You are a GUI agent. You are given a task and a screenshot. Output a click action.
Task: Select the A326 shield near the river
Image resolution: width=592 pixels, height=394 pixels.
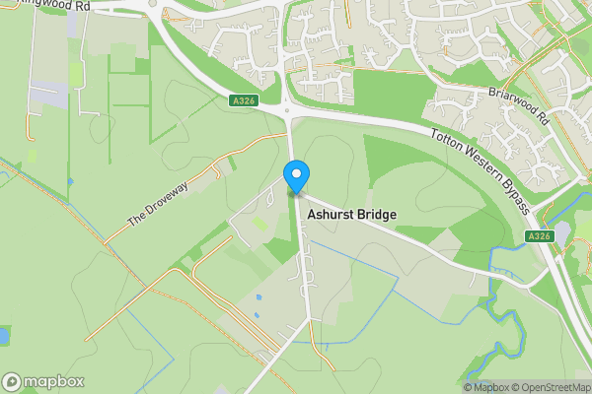[x=538, y=236]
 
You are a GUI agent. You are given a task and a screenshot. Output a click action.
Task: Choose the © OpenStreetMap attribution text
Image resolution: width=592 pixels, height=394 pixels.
[x=555, y=387]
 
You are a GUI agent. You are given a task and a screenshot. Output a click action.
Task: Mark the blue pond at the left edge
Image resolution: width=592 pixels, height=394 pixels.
[x=3, y=336]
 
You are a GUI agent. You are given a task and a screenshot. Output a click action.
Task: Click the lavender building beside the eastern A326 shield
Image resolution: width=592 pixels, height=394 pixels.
[x=562, y=232]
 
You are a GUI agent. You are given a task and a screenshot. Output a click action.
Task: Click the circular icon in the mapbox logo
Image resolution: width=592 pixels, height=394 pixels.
[x=12, y=381]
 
